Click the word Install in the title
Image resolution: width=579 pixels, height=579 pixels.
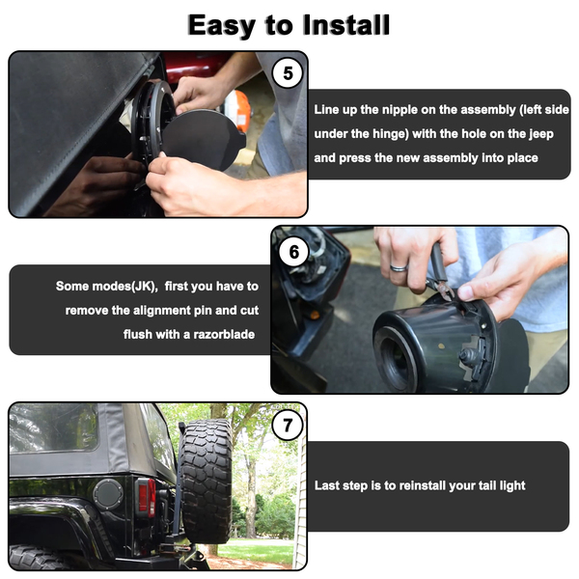346,25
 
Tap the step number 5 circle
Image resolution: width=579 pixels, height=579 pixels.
288,73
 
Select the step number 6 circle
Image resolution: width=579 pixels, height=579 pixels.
294,252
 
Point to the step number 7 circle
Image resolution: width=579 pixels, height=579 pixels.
288,426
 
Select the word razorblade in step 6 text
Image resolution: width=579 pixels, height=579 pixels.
224,335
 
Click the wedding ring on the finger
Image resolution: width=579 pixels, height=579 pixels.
399,267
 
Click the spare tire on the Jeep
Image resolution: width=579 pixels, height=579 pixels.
206,480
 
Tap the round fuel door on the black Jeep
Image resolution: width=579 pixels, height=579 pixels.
108,494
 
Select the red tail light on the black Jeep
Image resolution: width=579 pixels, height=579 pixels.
147,497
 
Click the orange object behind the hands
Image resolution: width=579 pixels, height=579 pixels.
237,109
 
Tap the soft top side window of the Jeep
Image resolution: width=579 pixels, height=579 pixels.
54,427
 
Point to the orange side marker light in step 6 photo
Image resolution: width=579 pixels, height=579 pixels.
315,315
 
